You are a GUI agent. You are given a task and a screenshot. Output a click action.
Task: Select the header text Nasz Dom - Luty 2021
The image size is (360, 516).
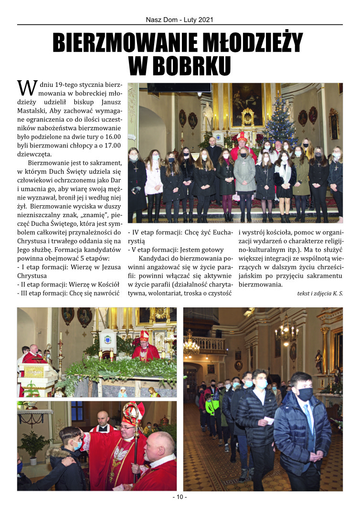[180, 20]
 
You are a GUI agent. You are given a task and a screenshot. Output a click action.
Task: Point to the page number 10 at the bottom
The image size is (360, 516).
[180, 497]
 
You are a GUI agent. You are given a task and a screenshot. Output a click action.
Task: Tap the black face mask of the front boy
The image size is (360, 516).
[305, 394]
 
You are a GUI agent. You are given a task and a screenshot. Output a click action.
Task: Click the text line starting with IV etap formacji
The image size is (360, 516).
[177, 233]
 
